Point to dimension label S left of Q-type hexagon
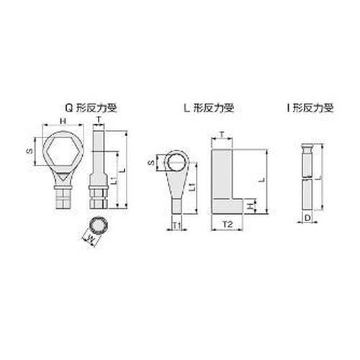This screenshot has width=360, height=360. click(29, 151)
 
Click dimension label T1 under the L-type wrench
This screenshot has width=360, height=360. click(177, 225)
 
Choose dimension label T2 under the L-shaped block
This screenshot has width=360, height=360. click(226, 225)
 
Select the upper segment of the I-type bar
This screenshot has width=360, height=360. click(306, 162)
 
